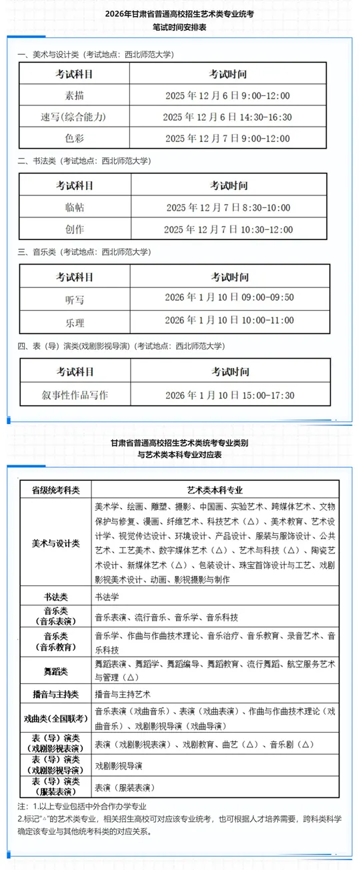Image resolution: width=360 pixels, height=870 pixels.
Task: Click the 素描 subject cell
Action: (x=65, y=95)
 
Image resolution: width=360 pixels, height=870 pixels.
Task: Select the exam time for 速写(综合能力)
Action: (x=228, y=117)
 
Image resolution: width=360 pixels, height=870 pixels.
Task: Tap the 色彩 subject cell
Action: (x=65, y=138)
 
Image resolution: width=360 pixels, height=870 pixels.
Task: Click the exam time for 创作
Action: (x=228, y=229)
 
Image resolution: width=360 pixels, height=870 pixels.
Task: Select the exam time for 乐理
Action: (x=229, y=321)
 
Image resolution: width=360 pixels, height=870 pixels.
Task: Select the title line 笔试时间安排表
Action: (x=179, y=29)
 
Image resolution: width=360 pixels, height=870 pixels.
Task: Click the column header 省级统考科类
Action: (x=55, y=489)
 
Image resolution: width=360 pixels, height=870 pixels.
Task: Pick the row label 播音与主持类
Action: (x=55, y=695)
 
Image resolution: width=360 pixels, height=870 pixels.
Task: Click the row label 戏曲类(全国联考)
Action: (x=55, y=718)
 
